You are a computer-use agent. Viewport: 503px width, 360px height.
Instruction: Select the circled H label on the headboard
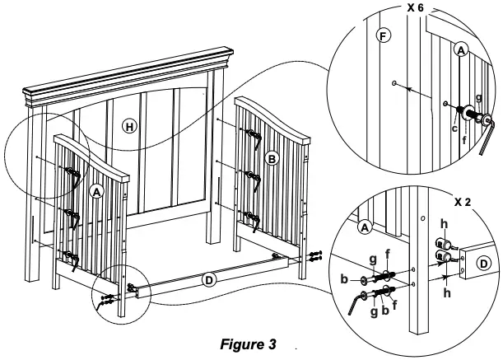(128, 126)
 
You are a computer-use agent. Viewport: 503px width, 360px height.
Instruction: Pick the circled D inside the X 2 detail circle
(485, 263)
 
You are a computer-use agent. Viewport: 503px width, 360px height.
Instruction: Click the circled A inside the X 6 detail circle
(461, 50)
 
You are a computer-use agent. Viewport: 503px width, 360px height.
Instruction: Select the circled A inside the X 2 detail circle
(365, 225)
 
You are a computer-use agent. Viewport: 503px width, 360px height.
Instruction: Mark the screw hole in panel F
(396, 83)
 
